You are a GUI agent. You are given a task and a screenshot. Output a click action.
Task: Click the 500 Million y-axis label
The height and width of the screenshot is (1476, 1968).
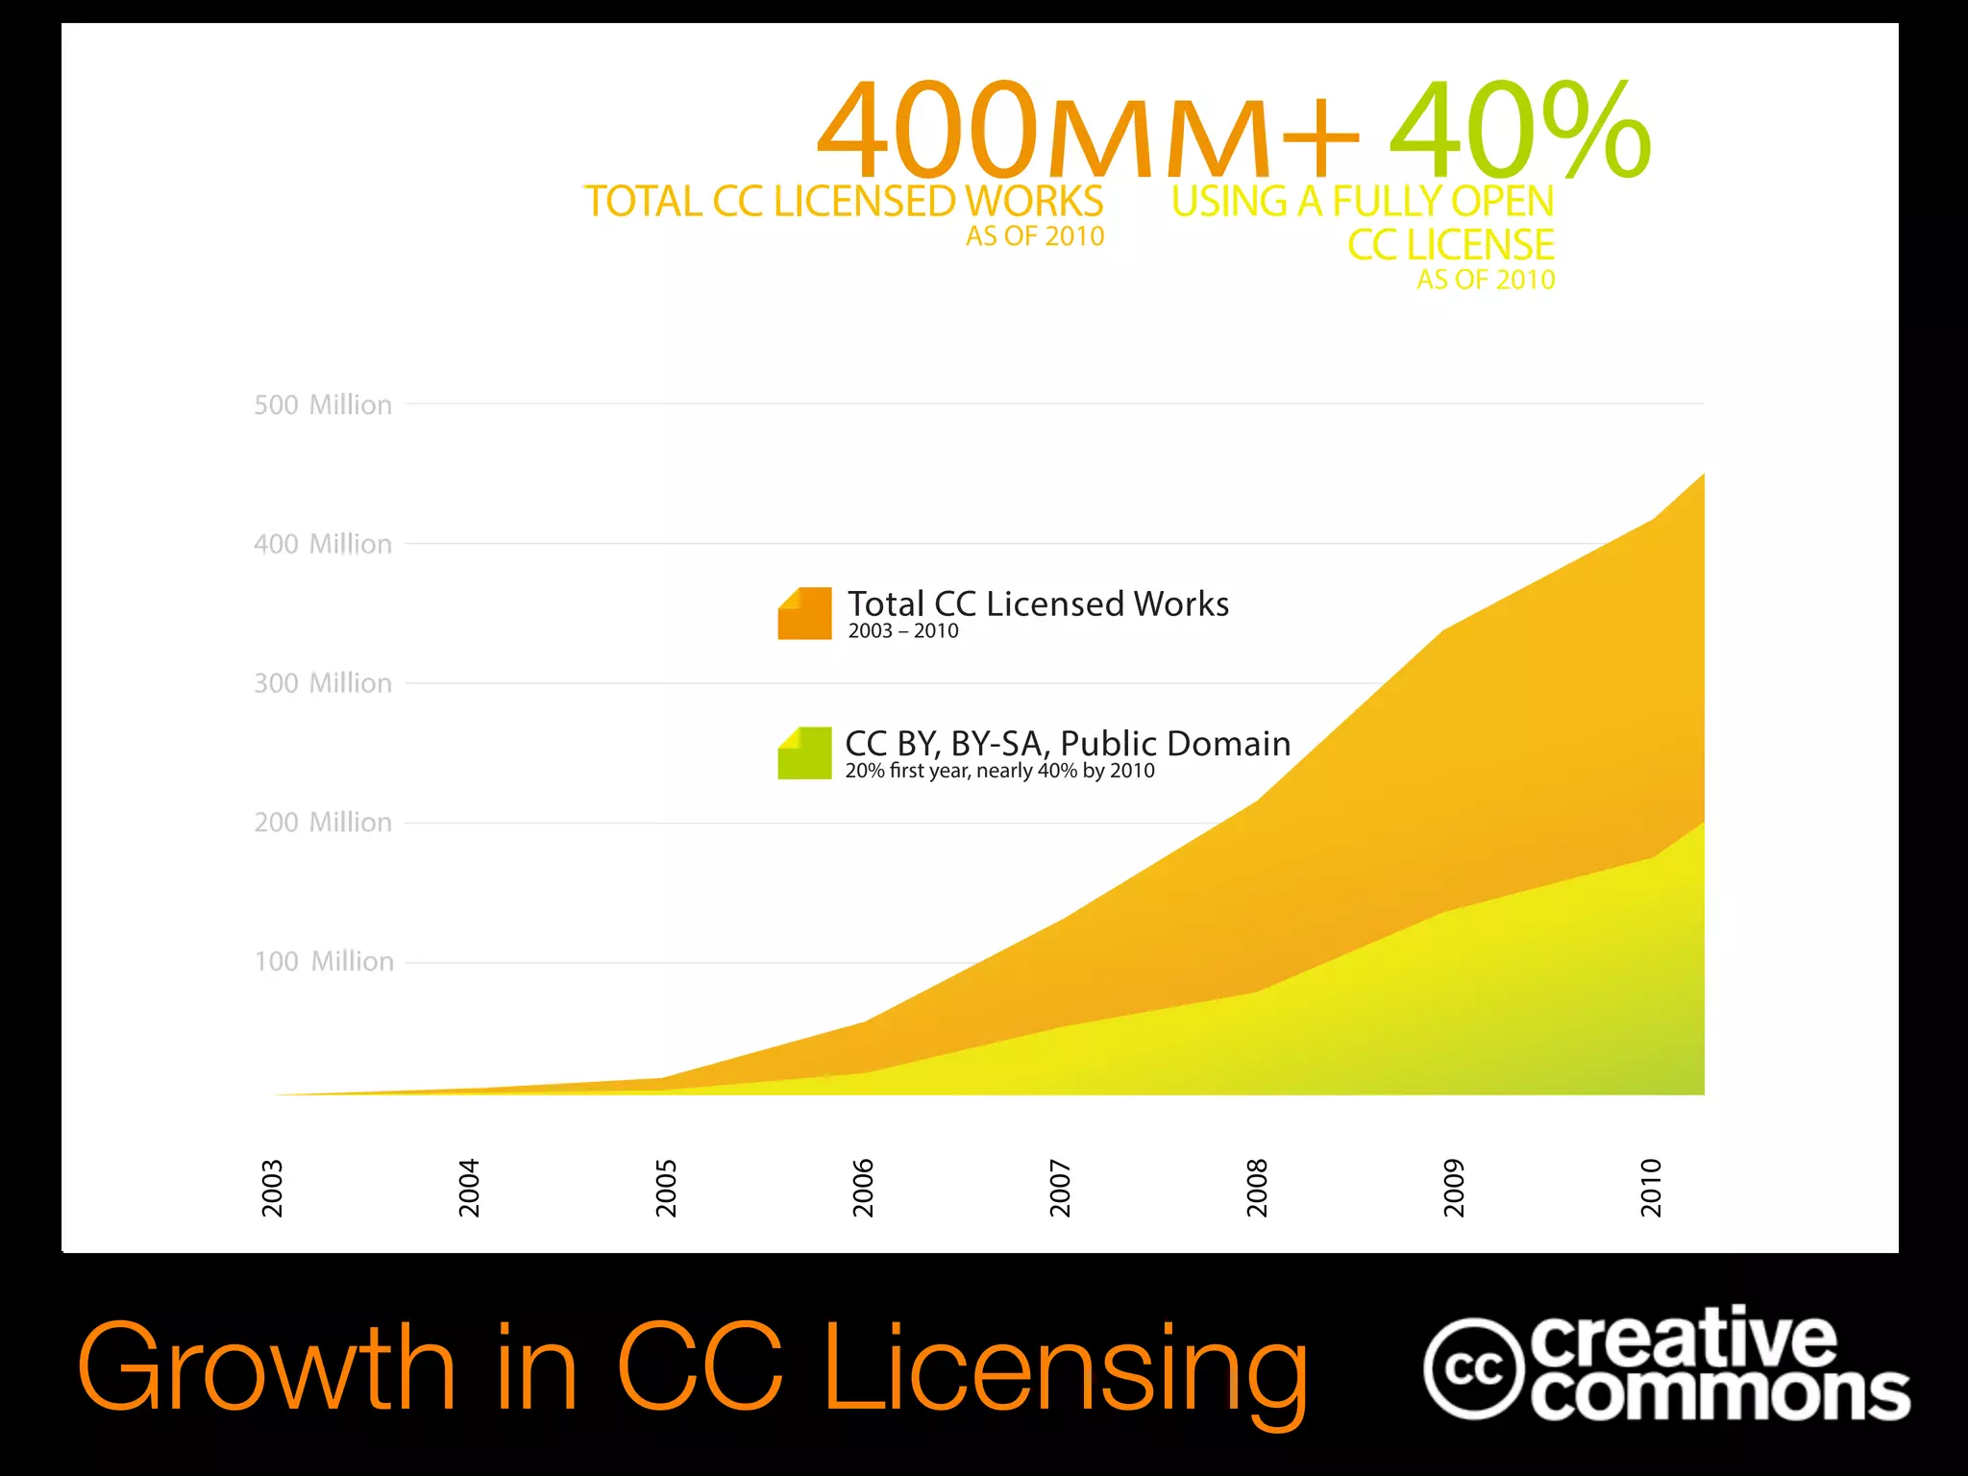tap(323, 405)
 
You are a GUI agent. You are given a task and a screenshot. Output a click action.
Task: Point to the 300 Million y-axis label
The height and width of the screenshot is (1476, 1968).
tap(323, 683)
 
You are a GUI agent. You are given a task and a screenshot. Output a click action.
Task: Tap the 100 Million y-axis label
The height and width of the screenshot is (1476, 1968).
tap(324, 962)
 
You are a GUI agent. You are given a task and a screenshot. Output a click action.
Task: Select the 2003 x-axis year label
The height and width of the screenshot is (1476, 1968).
tap(273, 1188)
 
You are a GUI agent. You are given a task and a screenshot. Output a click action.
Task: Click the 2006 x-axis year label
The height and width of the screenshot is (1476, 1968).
tap(863, 1188)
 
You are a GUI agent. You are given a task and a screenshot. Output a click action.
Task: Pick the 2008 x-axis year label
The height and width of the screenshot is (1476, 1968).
tap(1257, 1188)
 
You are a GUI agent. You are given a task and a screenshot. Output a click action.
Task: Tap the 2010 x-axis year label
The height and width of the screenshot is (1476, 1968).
tap(1651, 1188)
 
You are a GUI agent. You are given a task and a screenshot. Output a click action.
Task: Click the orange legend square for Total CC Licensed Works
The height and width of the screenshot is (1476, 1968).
tap(804, 613)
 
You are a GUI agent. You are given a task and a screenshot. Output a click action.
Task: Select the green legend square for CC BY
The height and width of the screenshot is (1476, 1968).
tap(804, 752)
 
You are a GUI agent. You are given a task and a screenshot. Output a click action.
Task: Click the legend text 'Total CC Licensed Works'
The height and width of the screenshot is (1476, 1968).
tap(1038, 603)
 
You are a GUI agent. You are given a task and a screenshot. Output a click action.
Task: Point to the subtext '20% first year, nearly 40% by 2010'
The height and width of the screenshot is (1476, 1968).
tap(999, 771)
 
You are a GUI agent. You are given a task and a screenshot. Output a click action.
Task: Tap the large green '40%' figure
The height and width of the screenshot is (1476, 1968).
tap(1518, 130)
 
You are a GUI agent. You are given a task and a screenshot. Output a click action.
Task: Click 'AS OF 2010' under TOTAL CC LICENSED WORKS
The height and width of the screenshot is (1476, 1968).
tap(1035, 236)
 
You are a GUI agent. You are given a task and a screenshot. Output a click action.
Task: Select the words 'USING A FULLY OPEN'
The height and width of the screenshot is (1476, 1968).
tap(1362, 202)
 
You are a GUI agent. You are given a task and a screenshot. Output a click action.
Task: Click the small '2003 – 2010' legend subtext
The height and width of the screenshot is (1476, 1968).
tap(903, 631)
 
